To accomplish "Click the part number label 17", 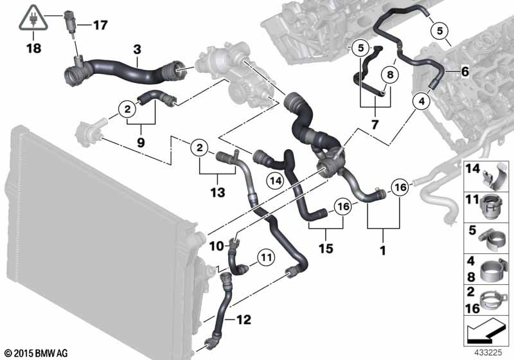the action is pos(100,25).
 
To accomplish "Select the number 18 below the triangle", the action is pos(34,48).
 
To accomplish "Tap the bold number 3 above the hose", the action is pos(137,50).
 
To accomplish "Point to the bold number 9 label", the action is pos(141,143).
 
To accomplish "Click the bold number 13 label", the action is pos(218,192).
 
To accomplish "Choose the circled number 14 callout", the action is pos(276,181).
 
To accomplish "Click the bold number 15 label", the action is pos(326,248).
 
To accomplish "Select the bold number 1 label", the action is pos(382,251).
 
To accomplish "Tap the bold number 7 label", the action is pos(375,125).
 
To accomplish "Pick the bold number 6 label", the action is pos(465,71).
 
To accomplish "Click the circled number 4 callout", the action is pos(421,102).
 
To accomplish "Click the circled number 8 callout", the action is pos(390,75).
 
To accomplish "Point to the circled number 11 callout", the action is pos(266,257).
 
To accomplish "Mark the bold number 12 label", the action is pos(244,319).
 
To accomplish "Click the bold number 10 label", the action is pos(217,246).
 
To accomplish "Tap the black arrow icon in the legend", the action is pos(486,330).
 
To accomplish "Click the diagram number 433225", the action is pos(488,353).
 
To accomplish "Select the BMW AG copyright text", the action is pos(37,353).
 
